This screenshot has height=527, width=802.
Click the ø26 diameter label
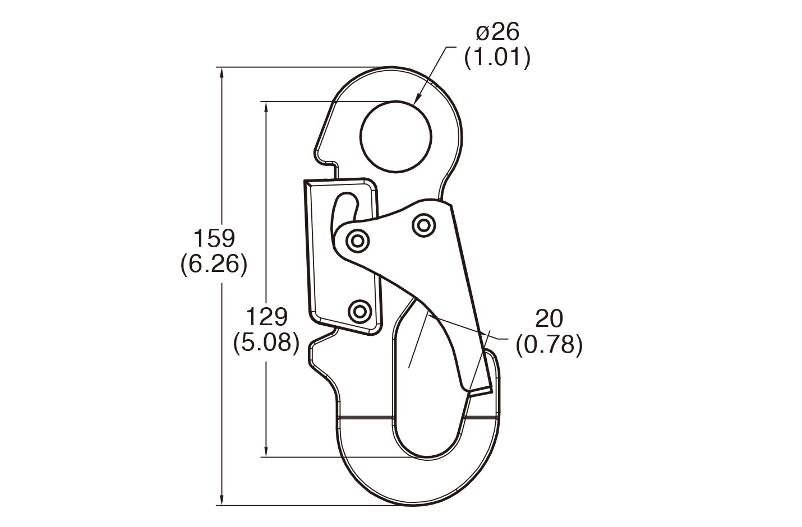tap(497, 33)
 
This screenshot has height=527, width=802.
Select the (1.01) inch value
tap(497, 58)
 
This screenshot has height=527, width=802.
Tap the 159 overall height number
tap(214, 238)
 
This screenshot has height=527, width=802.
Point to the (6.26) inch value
tap(214, 265)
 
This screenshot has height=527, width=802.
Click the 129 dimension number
tap(266, 317)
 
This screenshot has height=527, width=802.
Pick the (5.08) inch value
tap(266, 343)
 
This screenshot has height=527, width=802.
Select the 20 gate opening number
tap(549, 318)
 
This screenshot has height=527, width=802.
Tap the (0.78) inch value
tap(549, 344)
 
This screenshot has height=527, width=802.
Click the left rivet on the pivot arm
tap(357, 242)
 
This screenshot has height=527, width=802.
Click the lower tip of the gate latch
tap(479, 390)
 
